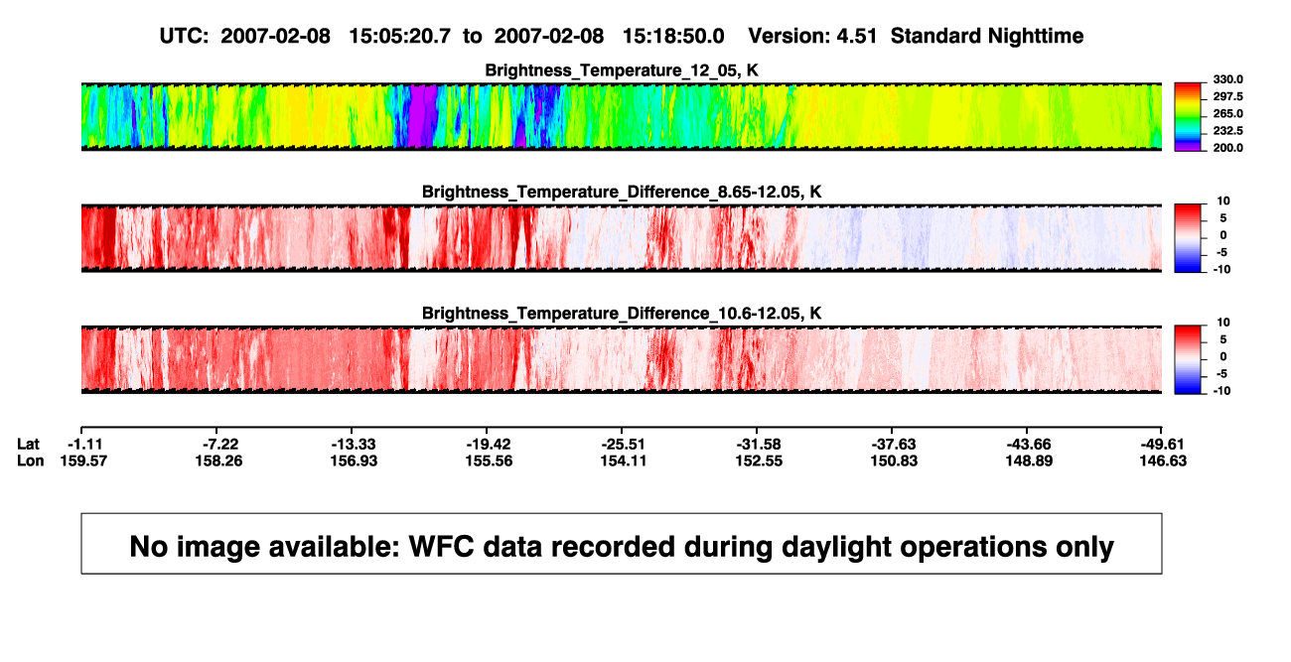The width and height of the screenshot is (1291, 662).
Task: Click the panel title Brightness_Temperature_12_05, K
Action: [622, 70]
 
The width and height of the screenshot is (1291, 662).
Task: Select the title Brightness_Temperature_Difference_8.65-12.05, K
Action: [622, 192]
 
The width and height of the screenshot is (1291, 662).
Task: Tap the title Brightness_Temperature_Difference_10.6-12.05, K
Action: [622, 314]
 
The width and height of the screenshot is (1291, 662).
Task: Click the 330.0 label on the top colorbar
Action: [1227, 79]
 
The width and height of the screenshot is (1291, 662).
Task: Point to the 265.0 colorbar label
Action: [1227, 113]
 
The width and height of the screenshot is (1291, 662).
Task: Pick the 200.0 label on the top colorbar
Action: [1227, 148]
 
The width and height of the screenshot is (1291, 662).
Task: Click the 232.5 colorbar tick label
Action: [1227, 131]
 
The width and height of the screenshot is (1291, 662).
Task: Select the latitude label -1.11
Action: [84, 445]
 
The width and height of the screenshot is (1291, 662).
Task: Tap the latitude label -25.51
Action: [623, 445]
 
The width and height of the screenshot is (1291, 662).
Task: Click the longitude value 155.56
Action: [489, 461]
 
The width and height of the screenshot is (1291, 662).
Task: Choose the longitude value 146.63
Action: [1163, 461]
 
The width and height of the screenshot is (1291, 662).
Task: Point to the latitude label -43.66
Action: [1028, 445]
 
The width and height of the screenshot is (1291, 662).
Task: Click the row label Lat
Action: [28, 445]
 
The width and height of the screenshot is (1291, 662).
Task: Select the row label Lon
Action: [30, 461]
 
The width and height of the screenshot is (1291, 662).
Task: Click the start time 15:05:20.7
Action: [399, 37]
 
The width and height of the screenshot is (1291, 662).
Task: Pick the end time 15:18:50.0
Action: [673, 37]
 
